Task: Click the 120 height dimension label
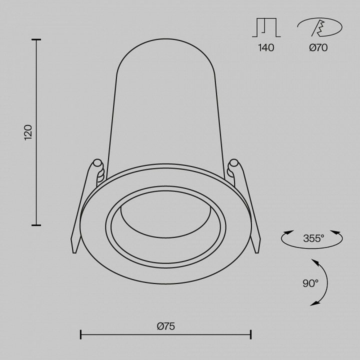tap(28, 132)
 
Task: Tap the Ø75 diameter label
tap(166, 326)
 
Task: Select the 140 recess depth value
tap(266, 48)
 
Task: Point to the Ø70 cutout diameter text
tap(318, 48)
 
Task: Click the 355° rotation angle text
tap(313, 238)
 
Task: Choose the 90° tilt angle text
tap(310, 283)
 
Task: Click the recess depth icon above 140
tap(266, 27)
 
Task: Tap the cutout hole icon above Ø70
tap(319, 27)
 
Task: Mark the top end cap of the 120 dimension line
tap(36, 39)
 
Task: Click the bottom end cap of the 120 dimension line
tap(36, 225)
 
